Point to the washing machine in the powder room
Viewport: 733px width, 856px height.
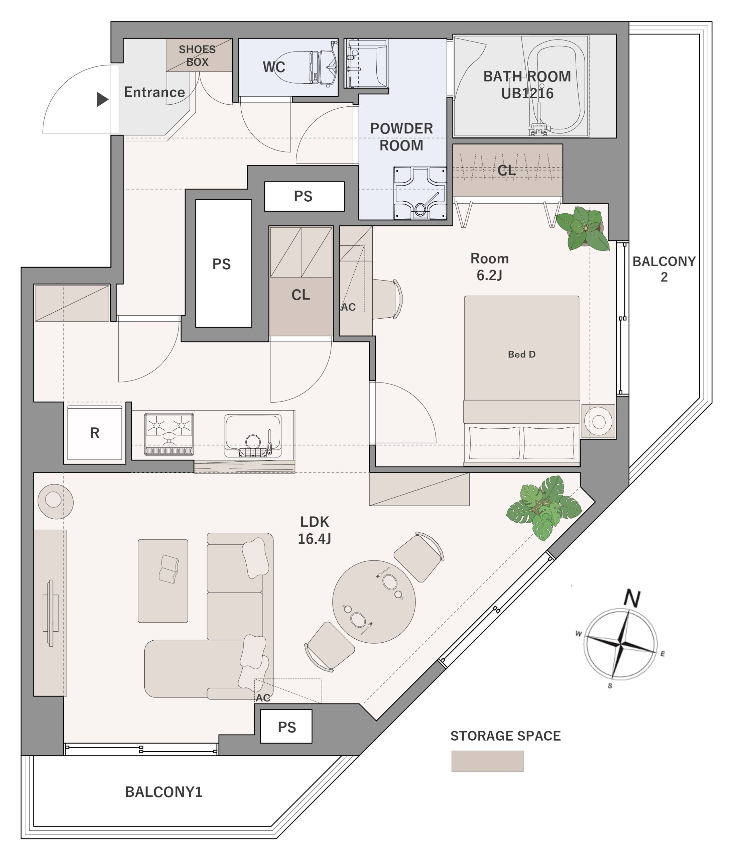pyautogui.click(x=420, y=193)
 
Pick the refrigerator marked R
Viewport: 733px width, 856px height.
pyautogui.click(x=95, y=433)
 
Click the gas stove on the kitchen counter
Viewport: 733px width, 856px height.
pyautogui.click(x=169, y=434)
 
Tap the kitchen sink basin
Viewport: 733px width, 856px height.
pyautogui.click(x=253, y=435)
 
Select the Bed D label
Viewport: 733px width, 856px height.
pyautogui.click(x=521, y=354)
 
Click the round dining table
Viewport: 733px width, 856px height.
pyautogui.click(x=374, y=602)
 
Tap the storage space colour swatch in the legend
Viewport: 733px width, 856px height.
pyautogui.click(x=487, y=761)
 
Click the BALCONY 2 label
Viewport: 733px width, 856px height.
pyautogui.click(x=664, y=269)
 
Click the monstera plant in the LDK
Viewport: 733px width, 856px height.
pyautogui.click(x=544, y=507)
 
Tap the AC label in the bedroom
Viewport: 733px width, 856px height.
pyautogui.click(x=348, y=307)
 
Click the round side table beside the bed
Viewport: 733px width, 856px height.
pyautogui.click(x=598, y=421)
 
